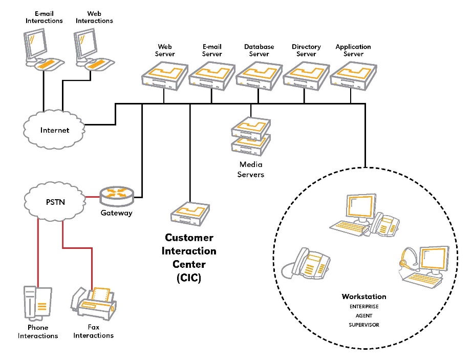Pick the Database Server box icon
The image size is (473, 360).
pos(259,75)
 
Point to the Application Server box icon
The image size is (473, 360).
pos(353,75)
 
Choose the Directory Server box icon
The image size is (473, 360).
pos(306,75)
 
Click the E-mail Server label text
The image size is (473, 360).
pos(212,50)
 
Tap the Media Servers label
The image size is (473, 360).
pos(251,170)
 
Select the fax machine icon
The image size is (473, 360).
pos(96,304)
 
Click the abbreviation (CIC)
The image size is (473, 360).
pos(189,278)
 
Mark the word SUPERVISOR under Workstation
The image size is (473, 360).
pos(364,325)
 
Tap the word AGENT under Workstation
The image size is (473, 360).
pos(364,316)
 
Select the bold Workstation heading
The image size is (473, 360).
pos(364,297)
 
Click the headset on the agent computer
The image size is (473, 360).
pos(405,258)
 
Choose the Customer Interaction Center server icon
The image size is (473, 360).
pos(190,214)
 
